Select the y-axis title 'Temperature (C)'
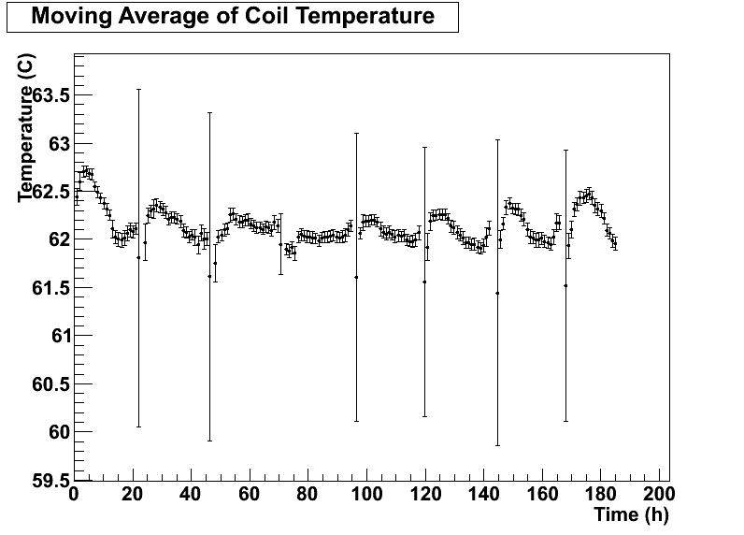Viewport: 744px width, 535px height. coord(26,128)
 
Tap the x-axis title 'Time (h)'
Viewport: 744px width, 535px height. coord(631,514)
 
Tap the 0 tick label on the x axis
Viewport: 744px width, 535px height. coord(75,495)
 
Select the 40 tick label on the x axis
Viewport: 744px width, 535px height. coord(191,495)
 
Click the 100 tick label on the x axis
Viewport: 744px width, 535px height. coord(366,495)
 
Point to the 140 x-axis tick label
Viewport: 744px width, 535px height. coord(483,495)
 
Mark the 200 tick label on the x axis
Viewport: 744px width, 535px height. coord(658,495)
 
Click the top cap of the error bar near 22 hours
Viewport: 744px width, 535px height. coord(138,90)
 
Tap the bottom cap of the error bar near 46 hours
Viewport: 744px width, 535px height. coord(209,441)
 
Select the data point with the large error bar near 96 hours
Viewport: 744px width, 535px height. coord(356,277)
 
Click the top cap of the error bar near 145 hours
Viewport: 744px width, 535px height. coord(497,140)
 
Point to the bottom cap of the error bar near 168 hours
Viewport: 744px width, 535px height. coord(565,421)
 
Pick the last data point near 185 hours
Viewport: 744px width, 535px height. coord(615,243)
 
